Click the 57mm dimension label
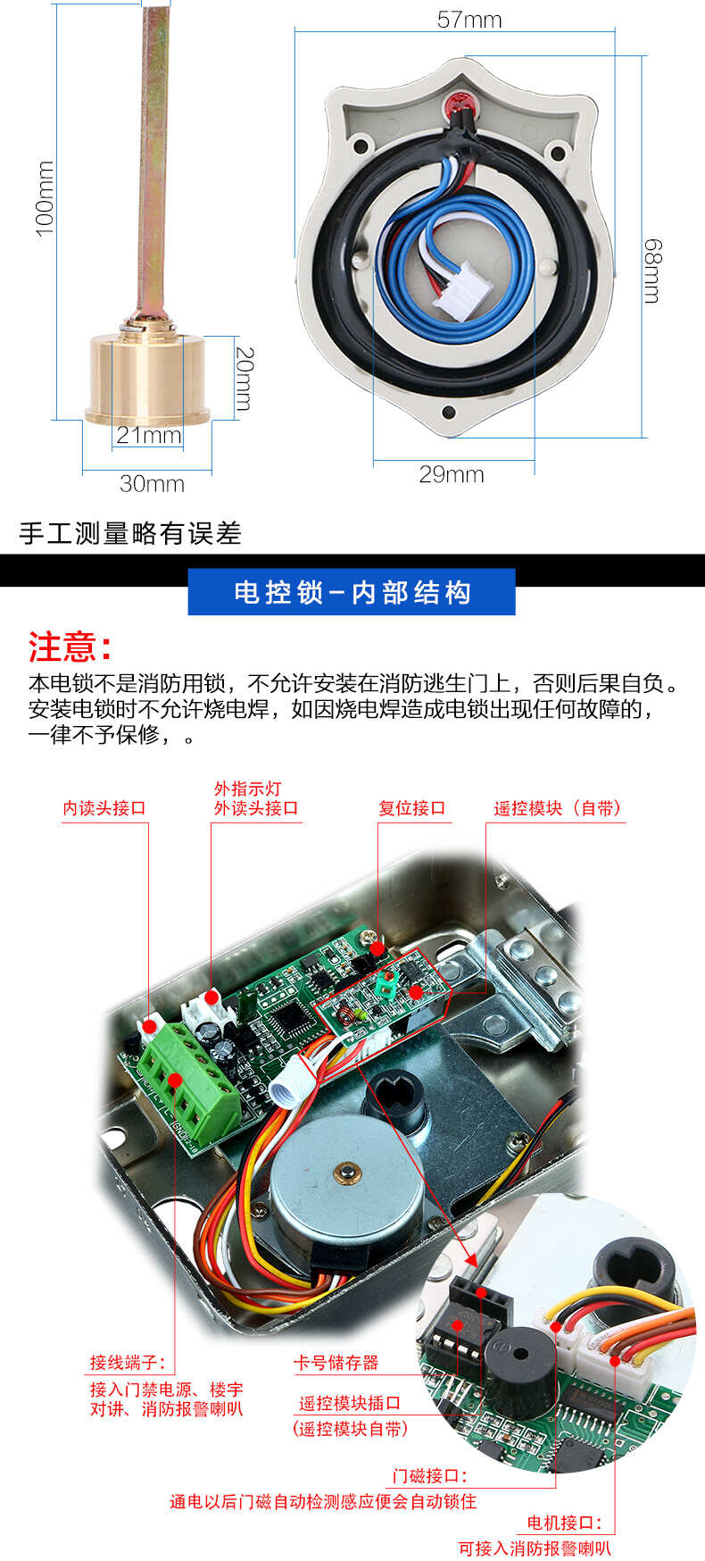click(x=469, y=19)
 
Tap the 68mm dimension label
click(x=653, y=271)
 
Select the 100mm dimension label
click(x=45, y=198)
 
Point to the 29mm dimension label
click(x=452, y=474)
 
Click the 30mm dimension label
click(x=152, y=483)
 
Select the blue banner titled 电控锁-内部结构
click(x=352, y=592)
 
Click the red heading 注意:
click(x=70, y=647)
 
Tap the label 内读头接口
click(x=104, y=808)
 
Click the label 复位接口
click(x=411, y=808)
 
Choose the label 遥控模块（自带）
click(x=558, y=808)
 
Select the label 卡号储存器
click(x=336, y=1363)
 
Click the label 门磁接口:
click(x=430, y=1476)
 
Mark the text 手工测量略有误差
click(x=130, y=533)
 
